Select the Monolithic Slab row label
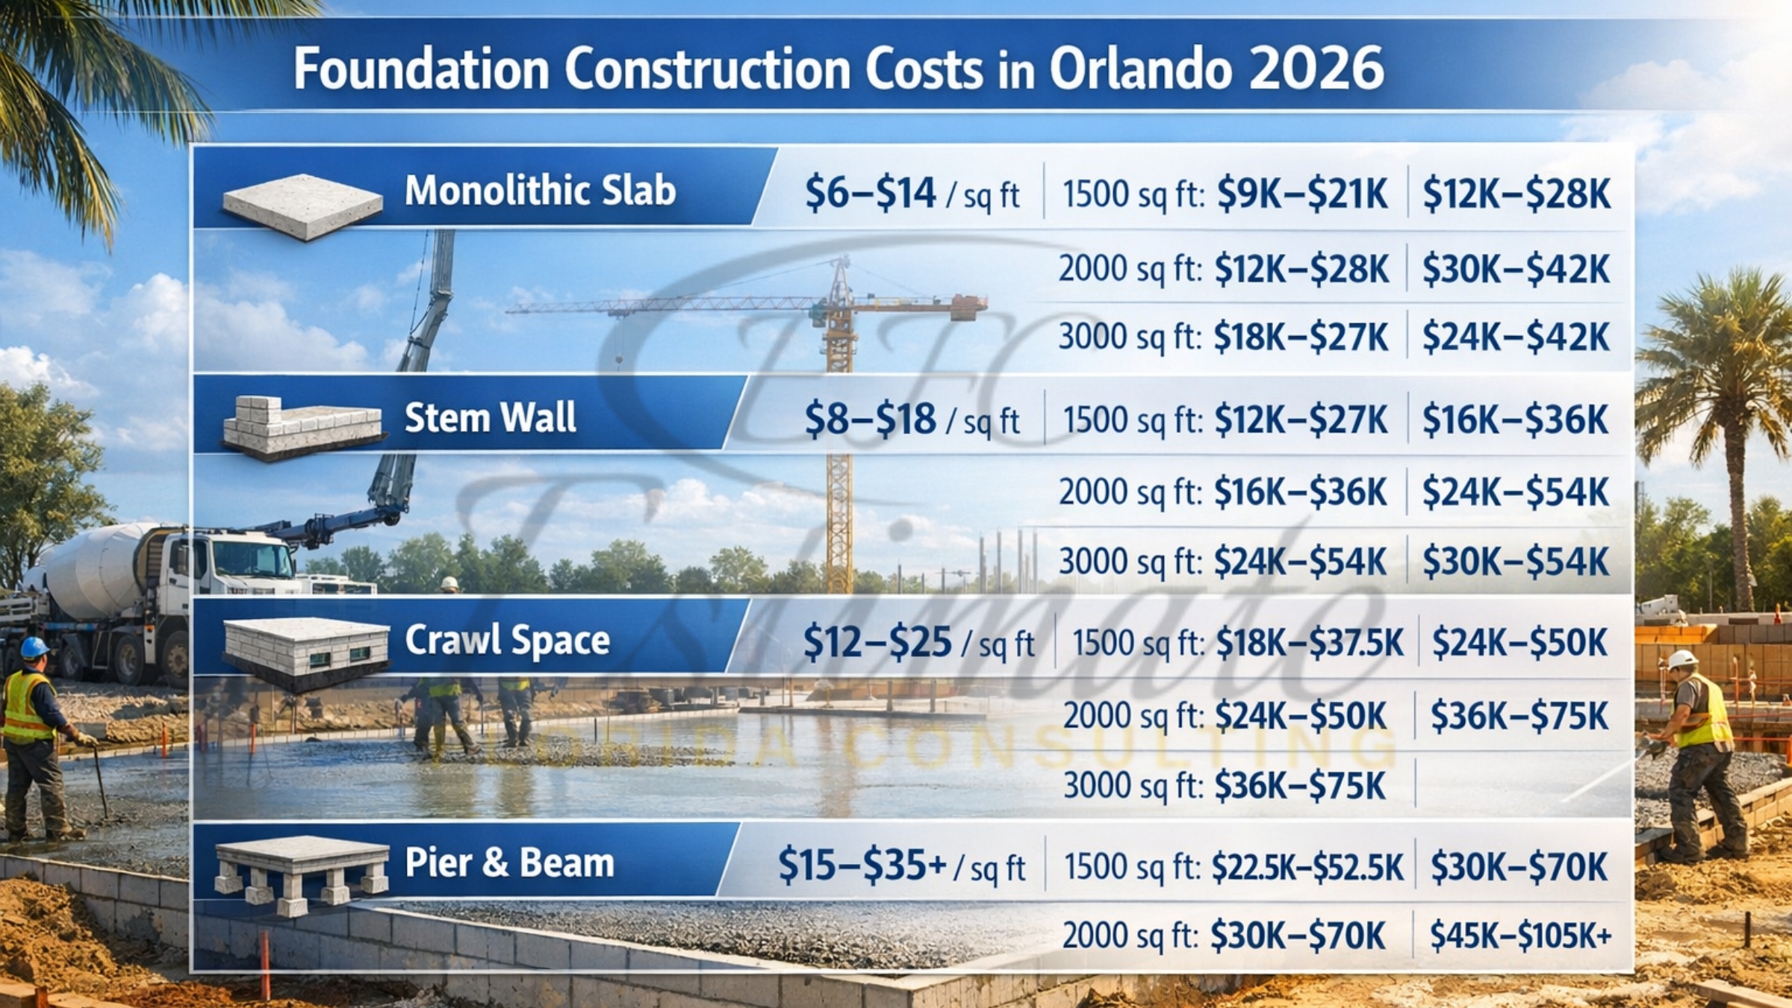click(540, 190)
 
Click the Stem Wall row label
click(490, 417)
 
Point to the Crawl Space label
click(507, 640)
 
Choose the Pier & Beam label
click(509, 862)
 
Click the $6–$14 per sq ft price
click(870, 193)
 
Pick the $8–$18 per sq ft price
click(870, 419)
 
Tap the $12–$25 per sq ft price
click(877, 642)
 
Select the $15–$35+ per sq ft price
click(862, 865)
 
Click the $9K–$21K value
click(1302, 194)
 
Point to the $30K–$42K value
click(1516, 269)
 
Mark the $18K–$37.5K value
click(1310, 642)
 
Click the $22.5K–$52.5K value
click(1307, 867)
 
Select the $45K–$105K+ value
click(1520, 936)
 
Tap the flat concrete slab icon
click(302, 205)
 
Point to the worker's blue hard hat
click(34, 647)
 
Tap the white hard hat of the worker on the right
click(1683, 659)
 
